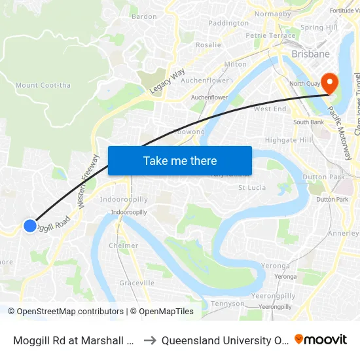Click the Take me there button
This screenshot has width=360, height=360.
[x=180, y=160]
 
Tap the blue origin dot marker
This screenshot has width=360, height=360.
[x=30, y=225]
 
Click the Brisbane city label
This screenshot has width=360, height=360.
[x=310, y=54]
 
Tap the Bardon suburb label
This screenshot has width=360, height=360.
[x=143, y=16]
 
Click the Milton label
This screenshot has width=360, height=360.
[x=235, y=64]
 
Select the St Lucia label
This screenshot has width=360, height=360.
[x=251, y=188]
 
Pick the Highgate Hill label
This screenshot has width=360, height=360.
[x=289, y=140]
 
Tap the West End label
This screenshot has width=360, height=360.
[x=270, y=109]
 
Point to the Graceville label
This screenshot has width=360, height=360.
[x=137, y=283]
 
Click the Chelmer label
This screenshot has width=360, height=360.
[x=124, y=246]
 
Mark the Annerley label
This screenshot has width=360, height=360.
[x=344, y=233]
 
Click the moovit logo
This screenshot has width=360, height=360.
[x=320, y=340]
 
